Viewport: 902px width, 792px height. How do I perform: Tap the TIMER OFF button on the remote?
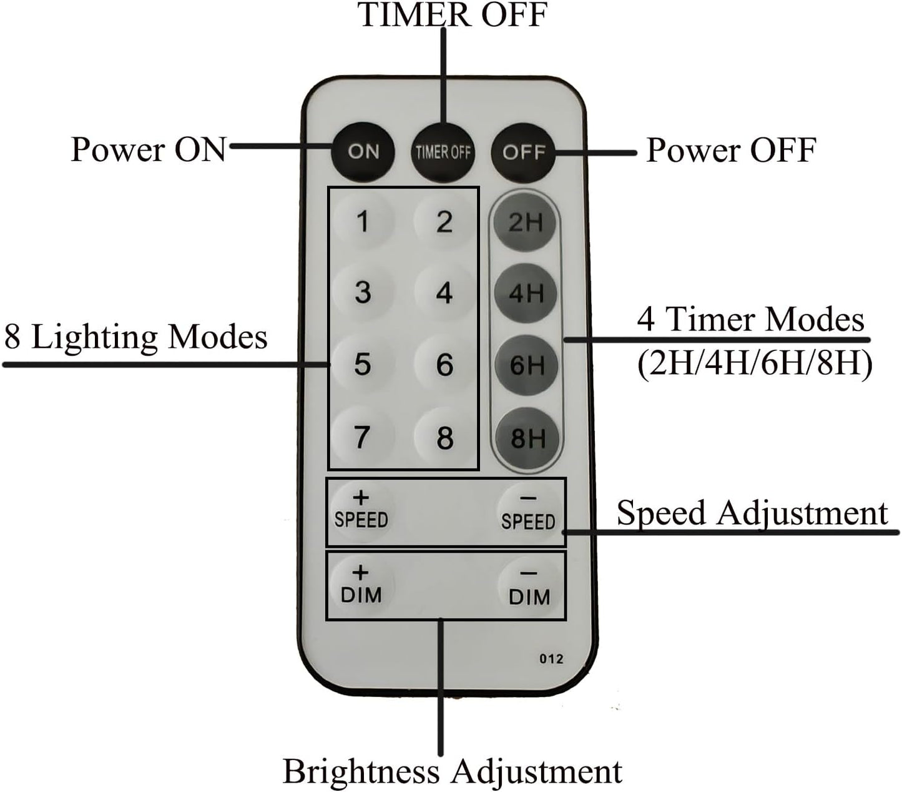(443, 152)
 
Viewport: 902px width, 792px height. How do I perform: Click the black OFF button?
(523, 152)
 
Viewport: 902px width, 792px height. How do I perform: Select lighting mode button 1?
(363, 222)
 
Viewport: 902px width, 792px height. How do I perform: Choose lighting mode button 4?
(444, 292)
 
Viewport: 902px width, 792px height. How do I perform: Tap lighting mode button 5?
(363, 364)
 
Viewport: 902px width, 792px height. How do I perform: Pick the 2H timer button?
(526, 222)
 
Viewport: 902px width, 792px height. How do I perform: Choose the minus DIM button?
(529, 587)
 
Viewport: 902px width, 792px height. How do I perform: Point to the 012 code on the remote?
(551, 659)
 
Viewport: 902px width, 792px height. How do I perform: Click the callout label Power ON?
(148, 149)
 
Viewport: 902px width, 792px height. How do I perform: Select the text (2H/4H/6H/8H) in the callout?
(754, 363)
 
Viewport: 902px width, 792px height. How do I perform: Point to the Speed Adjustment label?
(752, 513)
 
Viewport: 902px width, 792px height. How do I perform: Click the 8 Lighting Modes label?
(136, 337)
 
